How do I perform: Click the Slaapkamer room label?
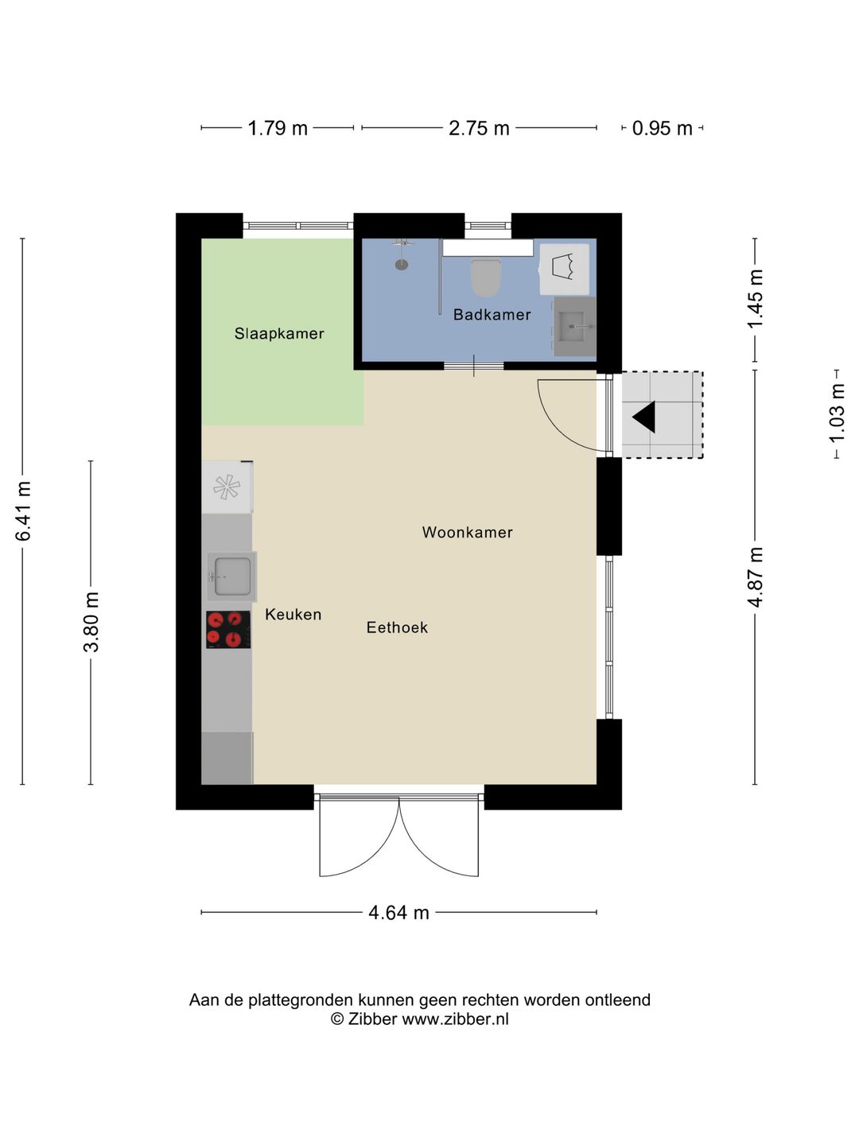click(279, 333)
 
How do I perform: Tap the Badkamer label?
click(492, 315)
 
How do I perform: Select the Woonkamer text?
click(468, 532)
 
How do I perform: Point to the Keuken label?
click(293, 614)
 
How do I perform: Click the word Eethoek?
click(397, 627)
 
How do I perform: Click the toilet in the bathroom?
click(486, 277)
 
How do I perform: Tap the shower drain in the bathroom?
click(402, 265)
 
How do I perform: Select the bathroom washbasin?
click(574, 327)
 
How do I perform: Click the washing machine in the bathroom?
click(565, 269)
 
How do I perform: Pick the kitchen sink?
click(232, 576)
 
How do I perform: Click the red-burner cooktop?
click(228, 630)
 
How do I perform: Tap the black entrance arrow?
click(644, 417)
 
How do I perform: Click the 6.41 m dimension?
click(24, 510)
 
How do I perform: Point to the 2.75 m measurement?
click(479, 128)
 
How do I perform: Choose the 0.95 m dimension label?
click(662, 128)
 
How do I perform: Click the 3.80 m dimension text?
click(91, 623)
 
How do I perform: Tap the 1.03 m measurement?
click(837, 413)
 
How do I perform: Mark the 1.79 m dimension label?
click(278, 128)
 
